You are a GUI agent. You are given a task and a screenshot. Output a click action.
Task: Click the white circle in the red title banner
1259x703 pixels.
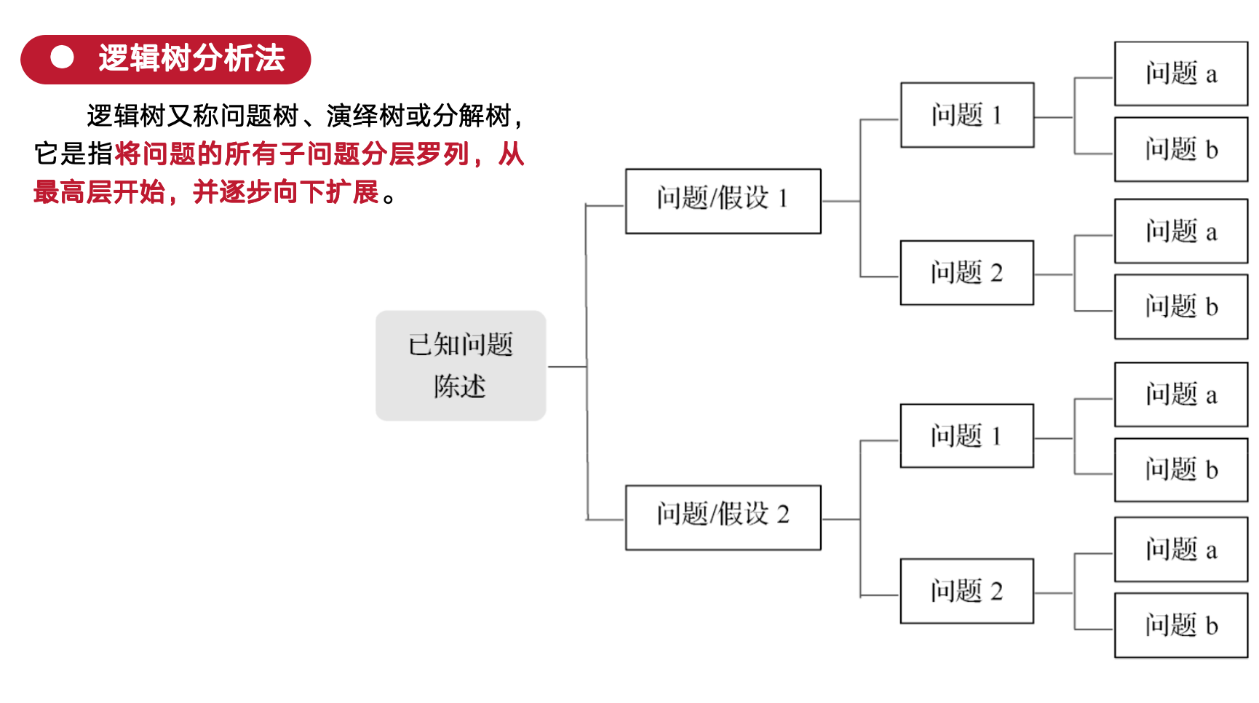[62, 57]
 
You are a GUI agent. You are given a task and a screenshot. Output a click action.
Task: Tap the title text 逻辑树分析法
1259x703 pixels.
[191, 58]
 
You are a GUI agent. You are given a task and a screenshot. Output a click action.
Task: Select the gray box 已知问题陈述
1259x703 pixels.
[461, 365]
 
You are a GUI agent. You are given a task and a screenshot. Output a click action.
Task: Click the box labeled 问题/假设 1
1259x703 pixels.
[723, 201]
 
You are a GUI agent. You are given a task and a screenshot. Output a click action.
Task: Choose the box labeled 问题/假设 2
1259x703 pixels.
[723, 517]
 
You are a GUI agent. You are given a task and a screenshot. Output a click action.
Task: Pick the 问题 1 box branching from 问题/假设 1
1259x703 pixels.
[966, 115]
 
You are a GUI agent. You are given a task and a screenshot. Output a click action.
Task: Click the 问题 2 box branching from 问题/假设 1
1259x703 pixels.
[966, 273]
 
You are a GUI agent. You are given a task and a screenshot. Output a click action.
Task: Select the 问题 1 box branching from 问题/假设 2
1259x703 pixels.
[966, 436]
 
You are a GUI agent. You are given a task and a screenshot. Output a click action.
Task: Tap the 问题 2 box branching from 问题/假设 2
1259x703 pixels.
[966, 591]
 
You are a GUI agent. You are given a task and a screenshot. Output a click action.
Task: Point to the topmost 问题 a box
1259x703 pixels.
[1180, 74]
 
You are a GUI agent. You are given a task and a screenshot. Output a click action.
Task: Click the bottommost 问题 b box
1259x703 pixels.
[1180, 625]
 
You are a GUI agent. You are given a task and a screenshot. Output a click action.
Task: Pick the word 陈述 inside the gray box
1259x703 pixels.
[459, 386]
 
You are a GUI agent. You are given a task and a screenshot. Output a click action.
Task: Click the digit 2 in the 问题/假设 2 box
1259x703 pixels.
[783, 515]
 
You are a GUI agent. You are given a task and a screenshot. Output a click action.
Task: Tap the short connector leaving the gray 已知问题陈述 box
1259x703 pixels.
[566, 367]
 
